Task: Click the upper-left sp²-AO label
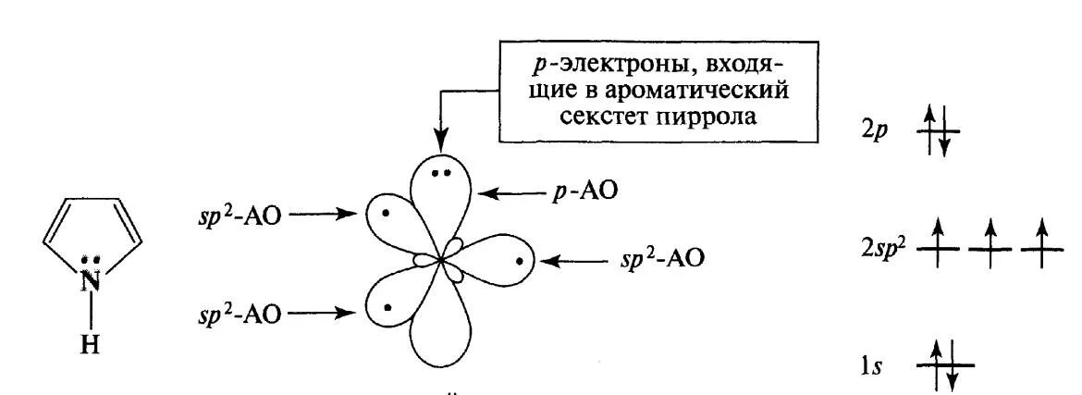tap(243, 215)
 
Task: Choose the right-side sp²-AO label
tap(662, 258)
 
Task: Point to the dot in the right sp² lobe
tap(520, 261)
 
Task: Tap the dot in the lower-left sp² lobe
tap(387, 306)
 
